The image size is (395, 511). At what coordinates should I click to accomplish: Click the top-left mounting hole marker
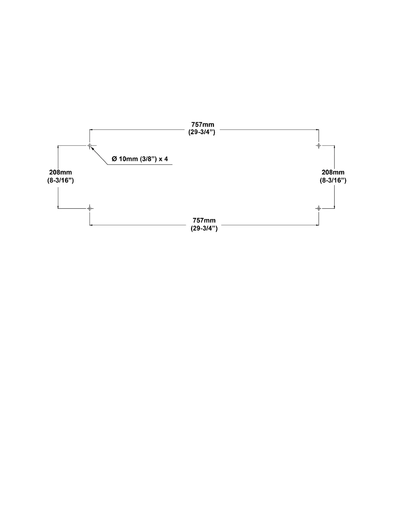pos(90,146)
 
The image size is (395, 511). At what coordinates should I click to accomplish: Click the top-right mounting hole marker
pos(319,146)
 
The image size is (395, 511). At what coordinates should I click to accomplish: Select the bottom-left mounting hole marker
pos(90,208)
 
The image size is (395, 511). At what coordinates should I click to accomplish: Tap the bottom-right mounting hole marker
pos(319,208)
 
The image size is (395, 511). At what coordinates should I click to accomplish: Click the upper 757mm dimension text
pos(203,125)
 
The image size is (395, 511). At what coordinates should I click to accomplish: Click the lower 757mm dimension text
pos(204,221)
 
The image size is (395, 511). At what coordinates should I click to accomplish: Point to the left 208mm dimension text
pos(60,173)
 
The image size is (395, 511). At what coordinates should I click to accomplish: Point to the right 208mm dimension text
pos(333,173)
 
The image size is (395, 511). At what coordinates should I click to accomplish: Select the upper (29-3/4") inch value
pos(202,132)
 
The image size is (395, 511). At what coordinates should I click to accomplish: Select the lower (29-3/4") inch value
pos(204,228)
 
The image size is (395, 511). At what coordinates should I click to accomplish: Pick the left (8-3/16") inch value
pos(60,180)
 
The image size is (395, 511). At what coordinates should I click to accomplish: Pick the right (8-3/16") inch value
pos(333,180)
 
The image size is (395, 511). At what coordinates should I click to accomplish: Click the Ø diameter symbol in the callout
pos(114,159)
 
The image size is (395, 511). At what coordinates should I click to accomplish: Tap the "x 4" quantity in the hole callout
pos(163,159)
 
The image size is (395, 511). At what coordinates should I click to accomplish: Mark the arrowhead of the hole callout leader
pos(92,148)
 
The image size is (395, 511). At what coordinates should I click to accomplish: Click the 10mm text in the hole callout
pos(128,159)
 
